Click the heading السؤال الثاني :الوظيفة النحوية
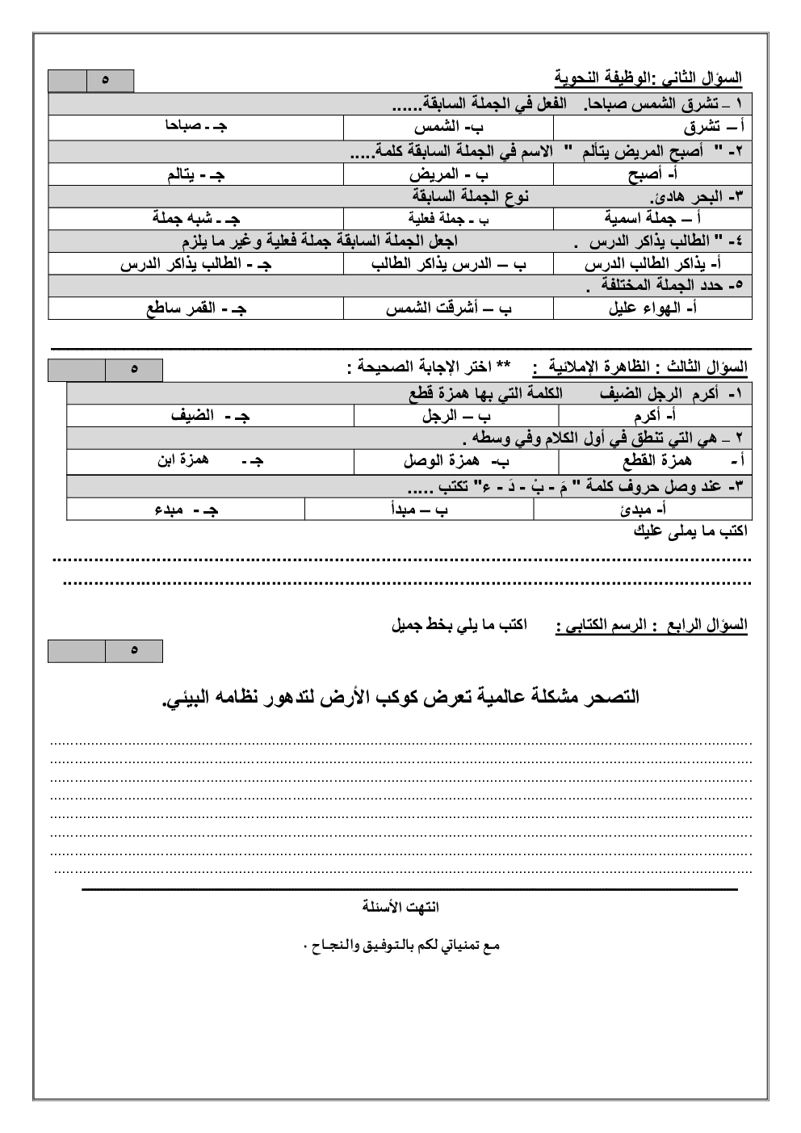(648, 78)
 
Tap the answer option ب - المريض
(449, 174)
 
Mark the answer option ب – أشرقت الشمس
(449, 308)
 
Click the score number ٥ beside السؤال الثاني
(106, 81)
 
